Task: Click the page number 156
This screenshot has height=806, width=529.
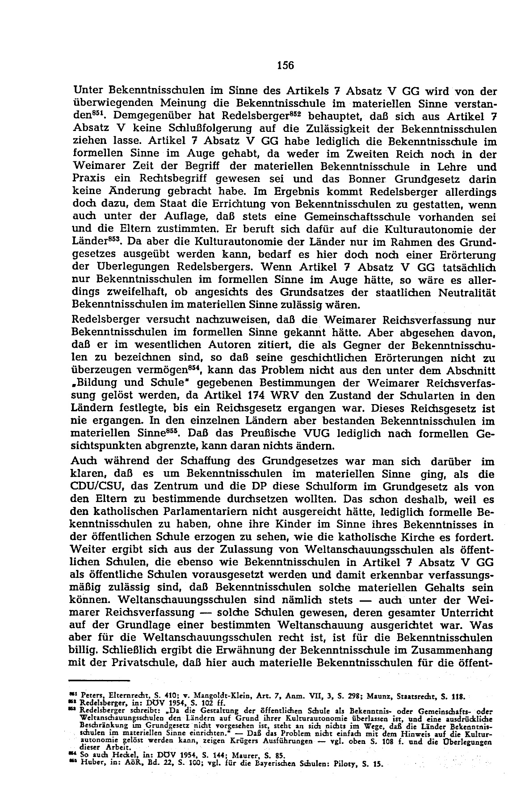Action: click(x=285, y=66)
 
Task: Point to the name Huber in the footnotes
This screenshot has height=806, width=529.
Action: click(x=91, y=764)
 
